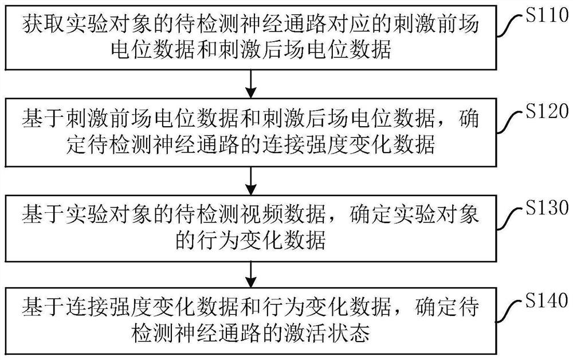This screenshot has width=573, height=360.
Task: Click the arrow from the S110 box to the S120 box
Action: click(250, 84)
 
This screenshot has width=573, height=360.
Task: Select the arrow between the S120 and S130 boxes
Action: click(250, 181)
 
